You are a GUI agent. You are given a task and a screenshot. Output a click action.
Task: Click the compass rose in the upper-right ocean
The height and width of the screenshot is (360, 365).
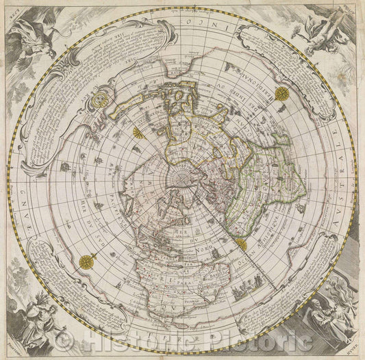(x=282, y=94)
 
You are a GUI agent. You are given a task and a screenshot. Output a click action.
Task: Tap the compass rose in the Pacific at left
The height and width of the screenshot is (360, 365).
(x=87, y=261)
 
